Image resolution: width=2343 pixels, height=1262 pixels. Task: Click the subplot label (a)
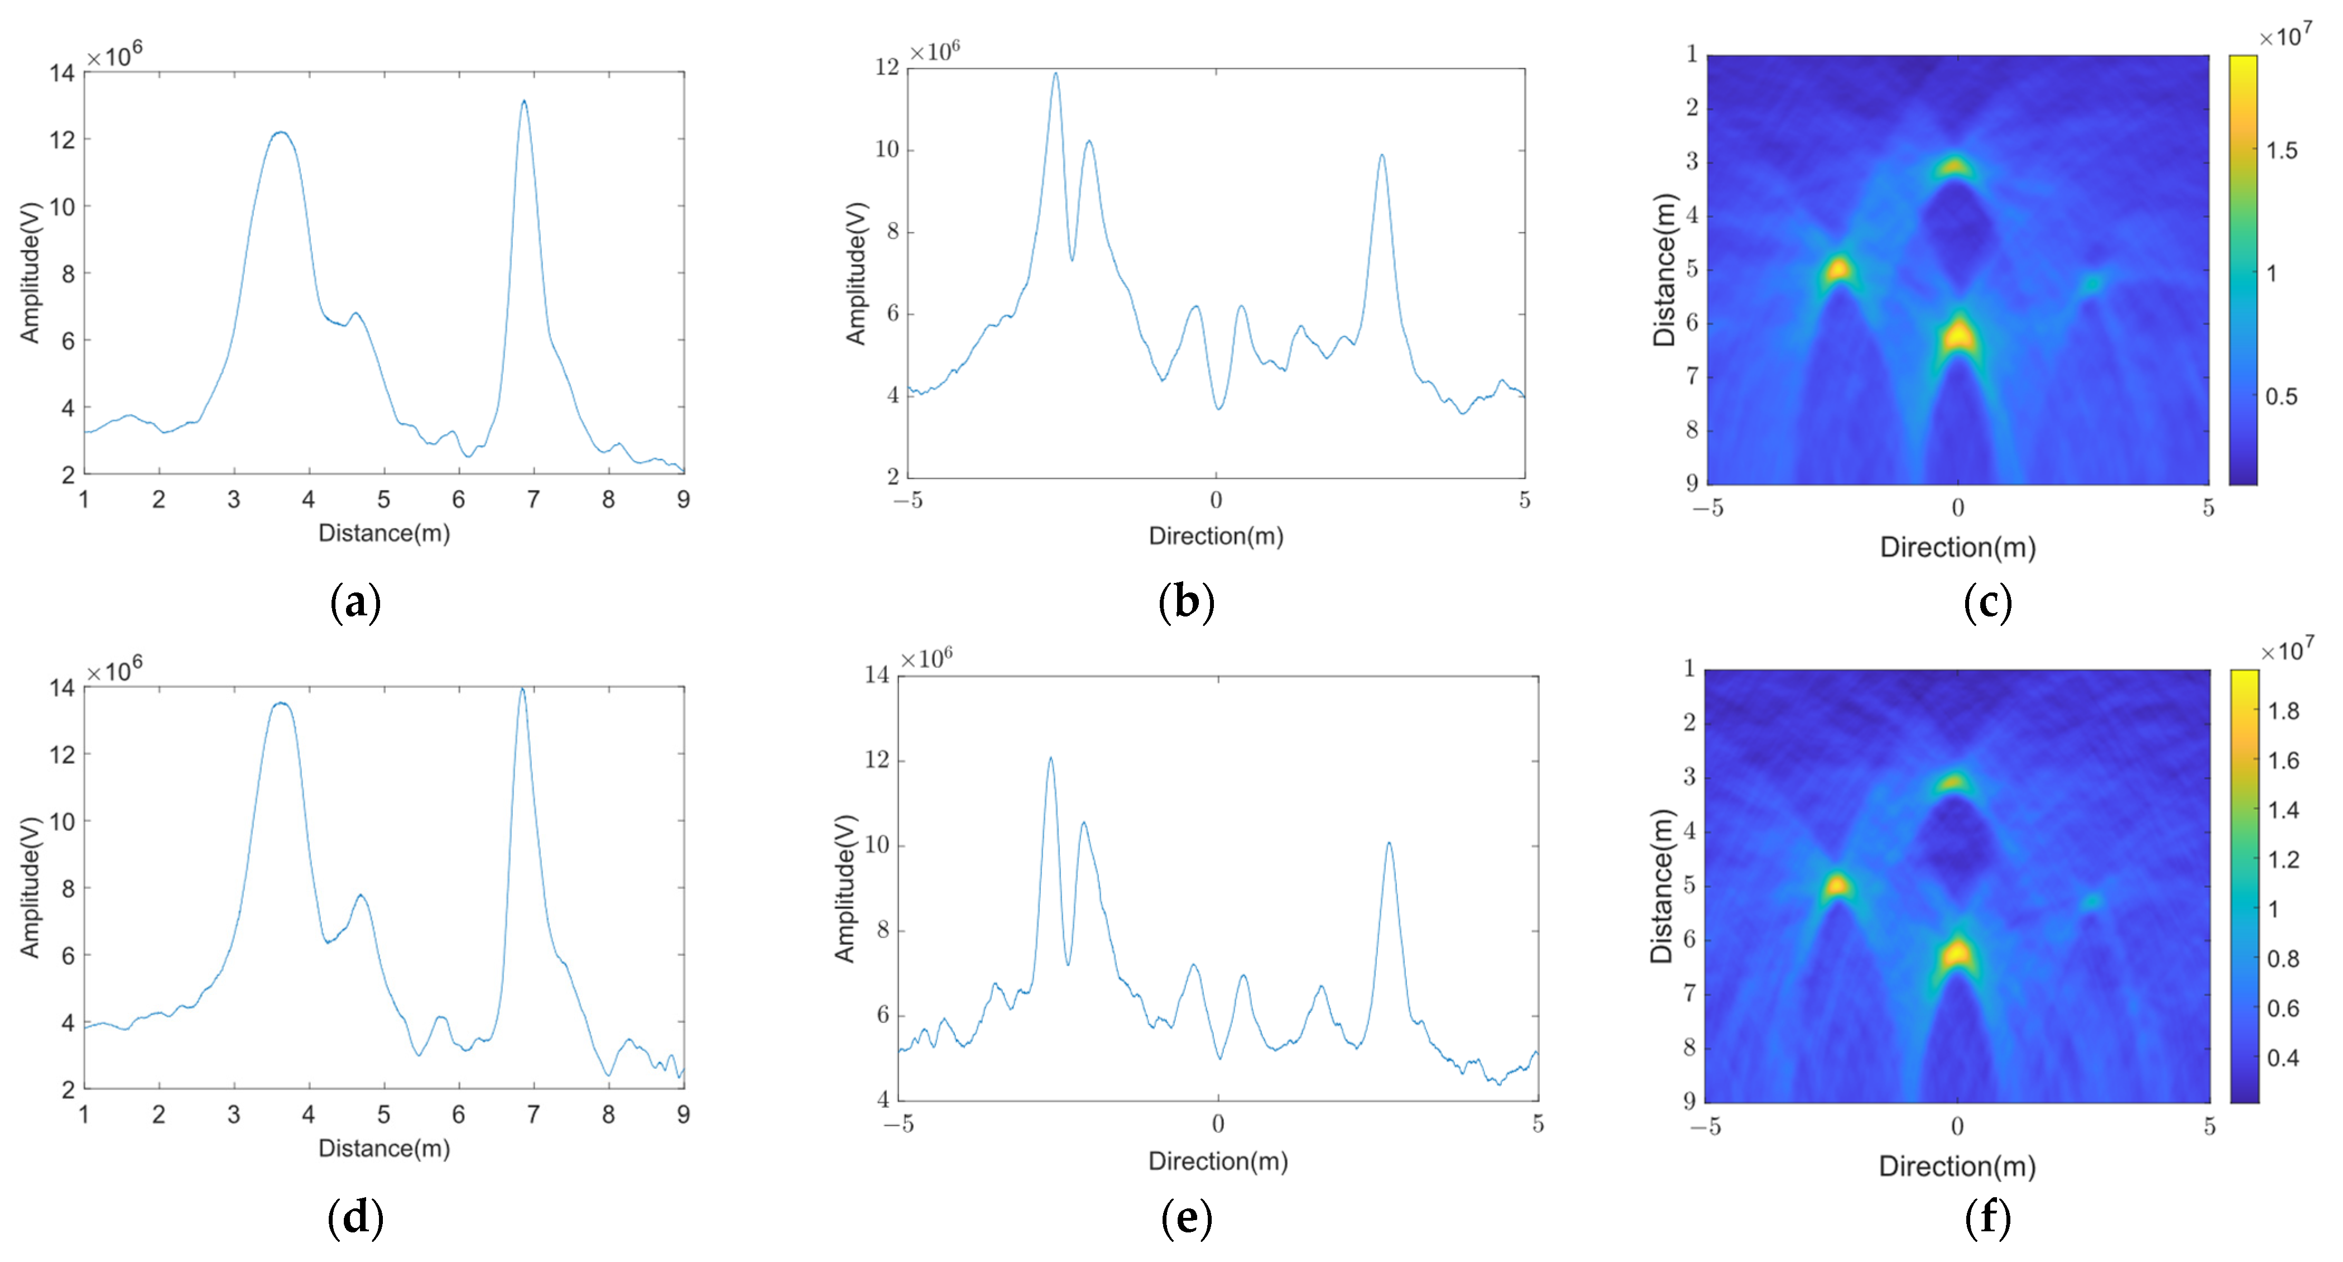click(x=355, y=603)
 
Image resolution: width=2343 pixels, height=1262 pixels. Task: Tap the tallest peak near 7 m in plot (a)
click(x=524, y=102)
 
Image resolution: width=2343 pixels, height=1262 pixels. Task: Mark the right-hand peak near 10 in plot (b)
click(x=1381, y=156)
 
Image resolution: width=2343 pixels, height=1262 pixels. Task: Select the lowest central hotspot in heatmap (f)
click(x=1956, y=954)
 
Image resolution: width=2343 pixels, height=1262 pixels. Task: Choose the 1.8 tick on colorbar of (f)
click(x=2283, y=711)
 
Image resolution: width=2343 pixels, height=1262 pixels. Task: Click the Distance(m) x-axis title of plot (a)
click(x=384, y=533)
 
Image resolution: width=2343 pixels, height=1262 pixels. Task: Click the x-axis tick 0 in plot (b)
click(x=1216, y=500)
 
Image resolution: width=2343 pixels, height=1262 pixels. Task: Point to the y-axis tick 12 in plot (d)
click(x=63, y=754)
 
